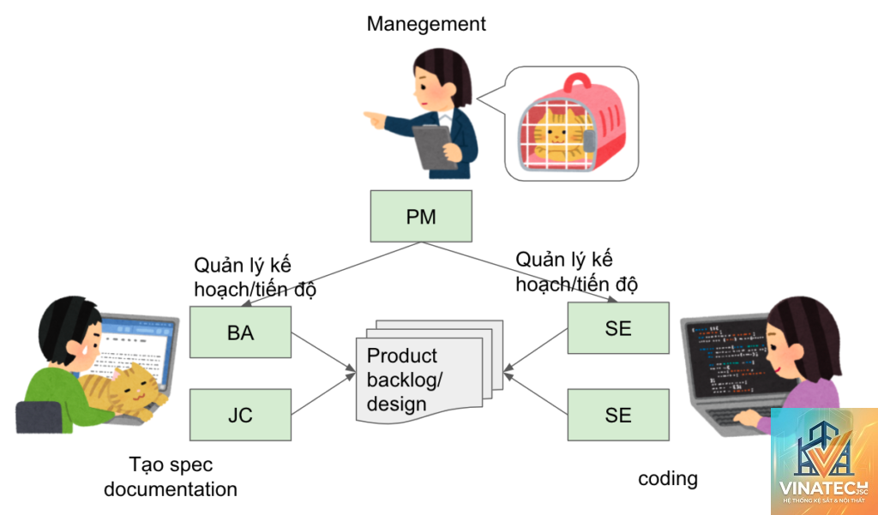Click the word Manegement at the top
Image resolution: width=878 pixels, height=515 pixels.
[426, 24]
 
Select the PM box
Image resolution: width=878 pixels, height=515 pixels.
[421, 216]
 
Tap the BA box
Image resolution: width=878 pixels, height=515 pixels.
[240, 332]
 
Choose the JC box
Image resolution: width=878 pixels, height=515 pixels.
[240, 415]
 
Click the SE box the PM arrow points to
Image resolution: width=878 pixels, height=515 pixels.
[618, 328]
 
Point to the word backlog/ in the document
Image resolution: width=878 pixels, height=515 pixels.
[405, 380]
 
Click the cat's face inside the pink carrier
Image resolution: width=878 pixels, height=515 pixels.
[556, 134]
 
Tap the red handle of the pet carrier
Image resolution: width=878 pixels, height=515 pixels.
[577, 82]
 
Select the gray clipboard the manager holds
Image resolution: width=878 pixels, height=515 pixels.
[435, 147]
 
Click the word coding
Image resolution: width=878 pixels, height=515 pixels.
[667, 479]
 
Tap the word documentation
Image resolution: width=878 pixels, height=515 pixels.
[171, 488]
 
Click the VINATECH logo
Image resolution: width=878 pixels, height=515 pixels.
[824, 461]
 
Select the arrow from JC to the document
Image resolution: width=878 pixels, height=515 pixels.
[323, 394]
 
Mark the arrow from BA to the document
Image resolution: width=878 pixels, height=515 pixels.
[323, 352]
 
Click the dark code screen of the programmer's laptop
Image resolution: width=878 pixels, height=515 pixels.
[728, 358]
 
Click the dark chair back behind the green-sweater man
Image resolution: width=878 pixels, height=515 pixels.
[38, 417]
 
